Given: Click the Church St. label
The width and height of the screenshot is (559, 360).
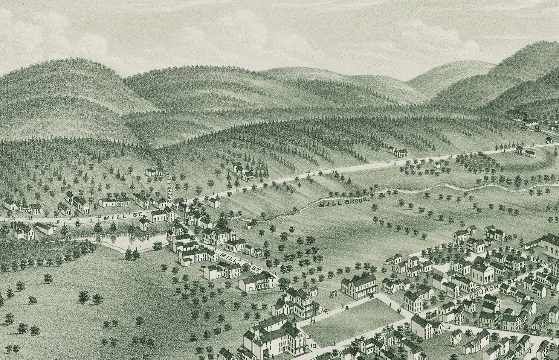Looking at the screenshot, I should pos(493,291).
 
